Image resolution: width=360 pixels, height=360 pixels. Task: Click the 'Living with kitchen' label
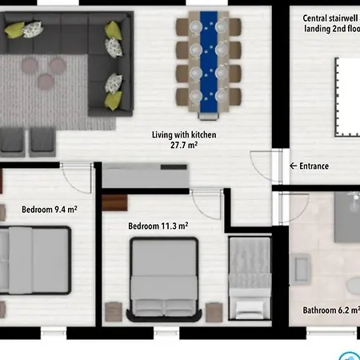(184, 134)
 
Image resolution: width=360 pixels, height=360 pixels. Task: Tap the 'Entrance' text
(314, 166)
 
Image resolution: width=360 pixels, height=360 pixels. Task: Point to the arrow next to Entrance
(292, 166)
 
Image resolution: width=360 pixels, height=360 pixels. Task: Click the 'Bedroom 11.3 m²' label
(158, 226)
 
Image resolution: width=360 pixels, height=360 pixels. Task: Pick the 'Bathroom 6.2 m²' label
(330, 310)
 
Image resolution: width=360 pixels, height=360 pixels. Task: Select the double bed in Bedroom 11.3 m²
(163, 276)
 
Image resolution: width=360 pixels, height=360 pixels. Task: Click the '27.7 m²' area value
(183, 146)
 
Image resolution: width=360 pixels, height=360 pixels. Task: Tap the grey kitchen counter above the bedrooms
(146, 175)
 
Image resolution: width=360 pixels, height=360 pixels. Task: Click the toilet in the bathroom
(353, 286)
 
